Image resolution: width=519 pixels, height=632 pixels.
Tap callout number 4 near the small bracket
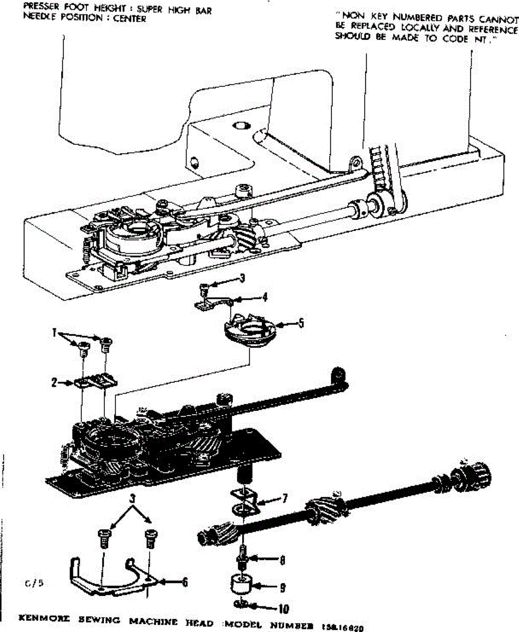click(x=265, y=297)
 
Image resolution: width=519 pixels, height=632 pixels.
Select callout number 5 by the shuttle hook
click(x=300, y=324)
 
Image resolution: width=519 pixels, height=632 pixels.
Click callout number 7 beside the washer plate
click(x=285, y=497)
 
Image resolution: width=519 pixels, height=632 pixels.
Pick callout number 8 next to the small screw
click(x=283, y=561)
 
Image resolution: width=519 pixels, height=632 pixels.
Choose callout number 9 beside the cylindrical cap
click(x=283, y=586)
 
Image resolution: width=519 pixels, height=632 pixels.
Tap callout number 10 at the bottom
click(x=283, y=609)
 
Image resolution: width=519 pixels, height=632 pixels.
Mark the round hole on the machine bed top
click(x=242, y=126)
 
